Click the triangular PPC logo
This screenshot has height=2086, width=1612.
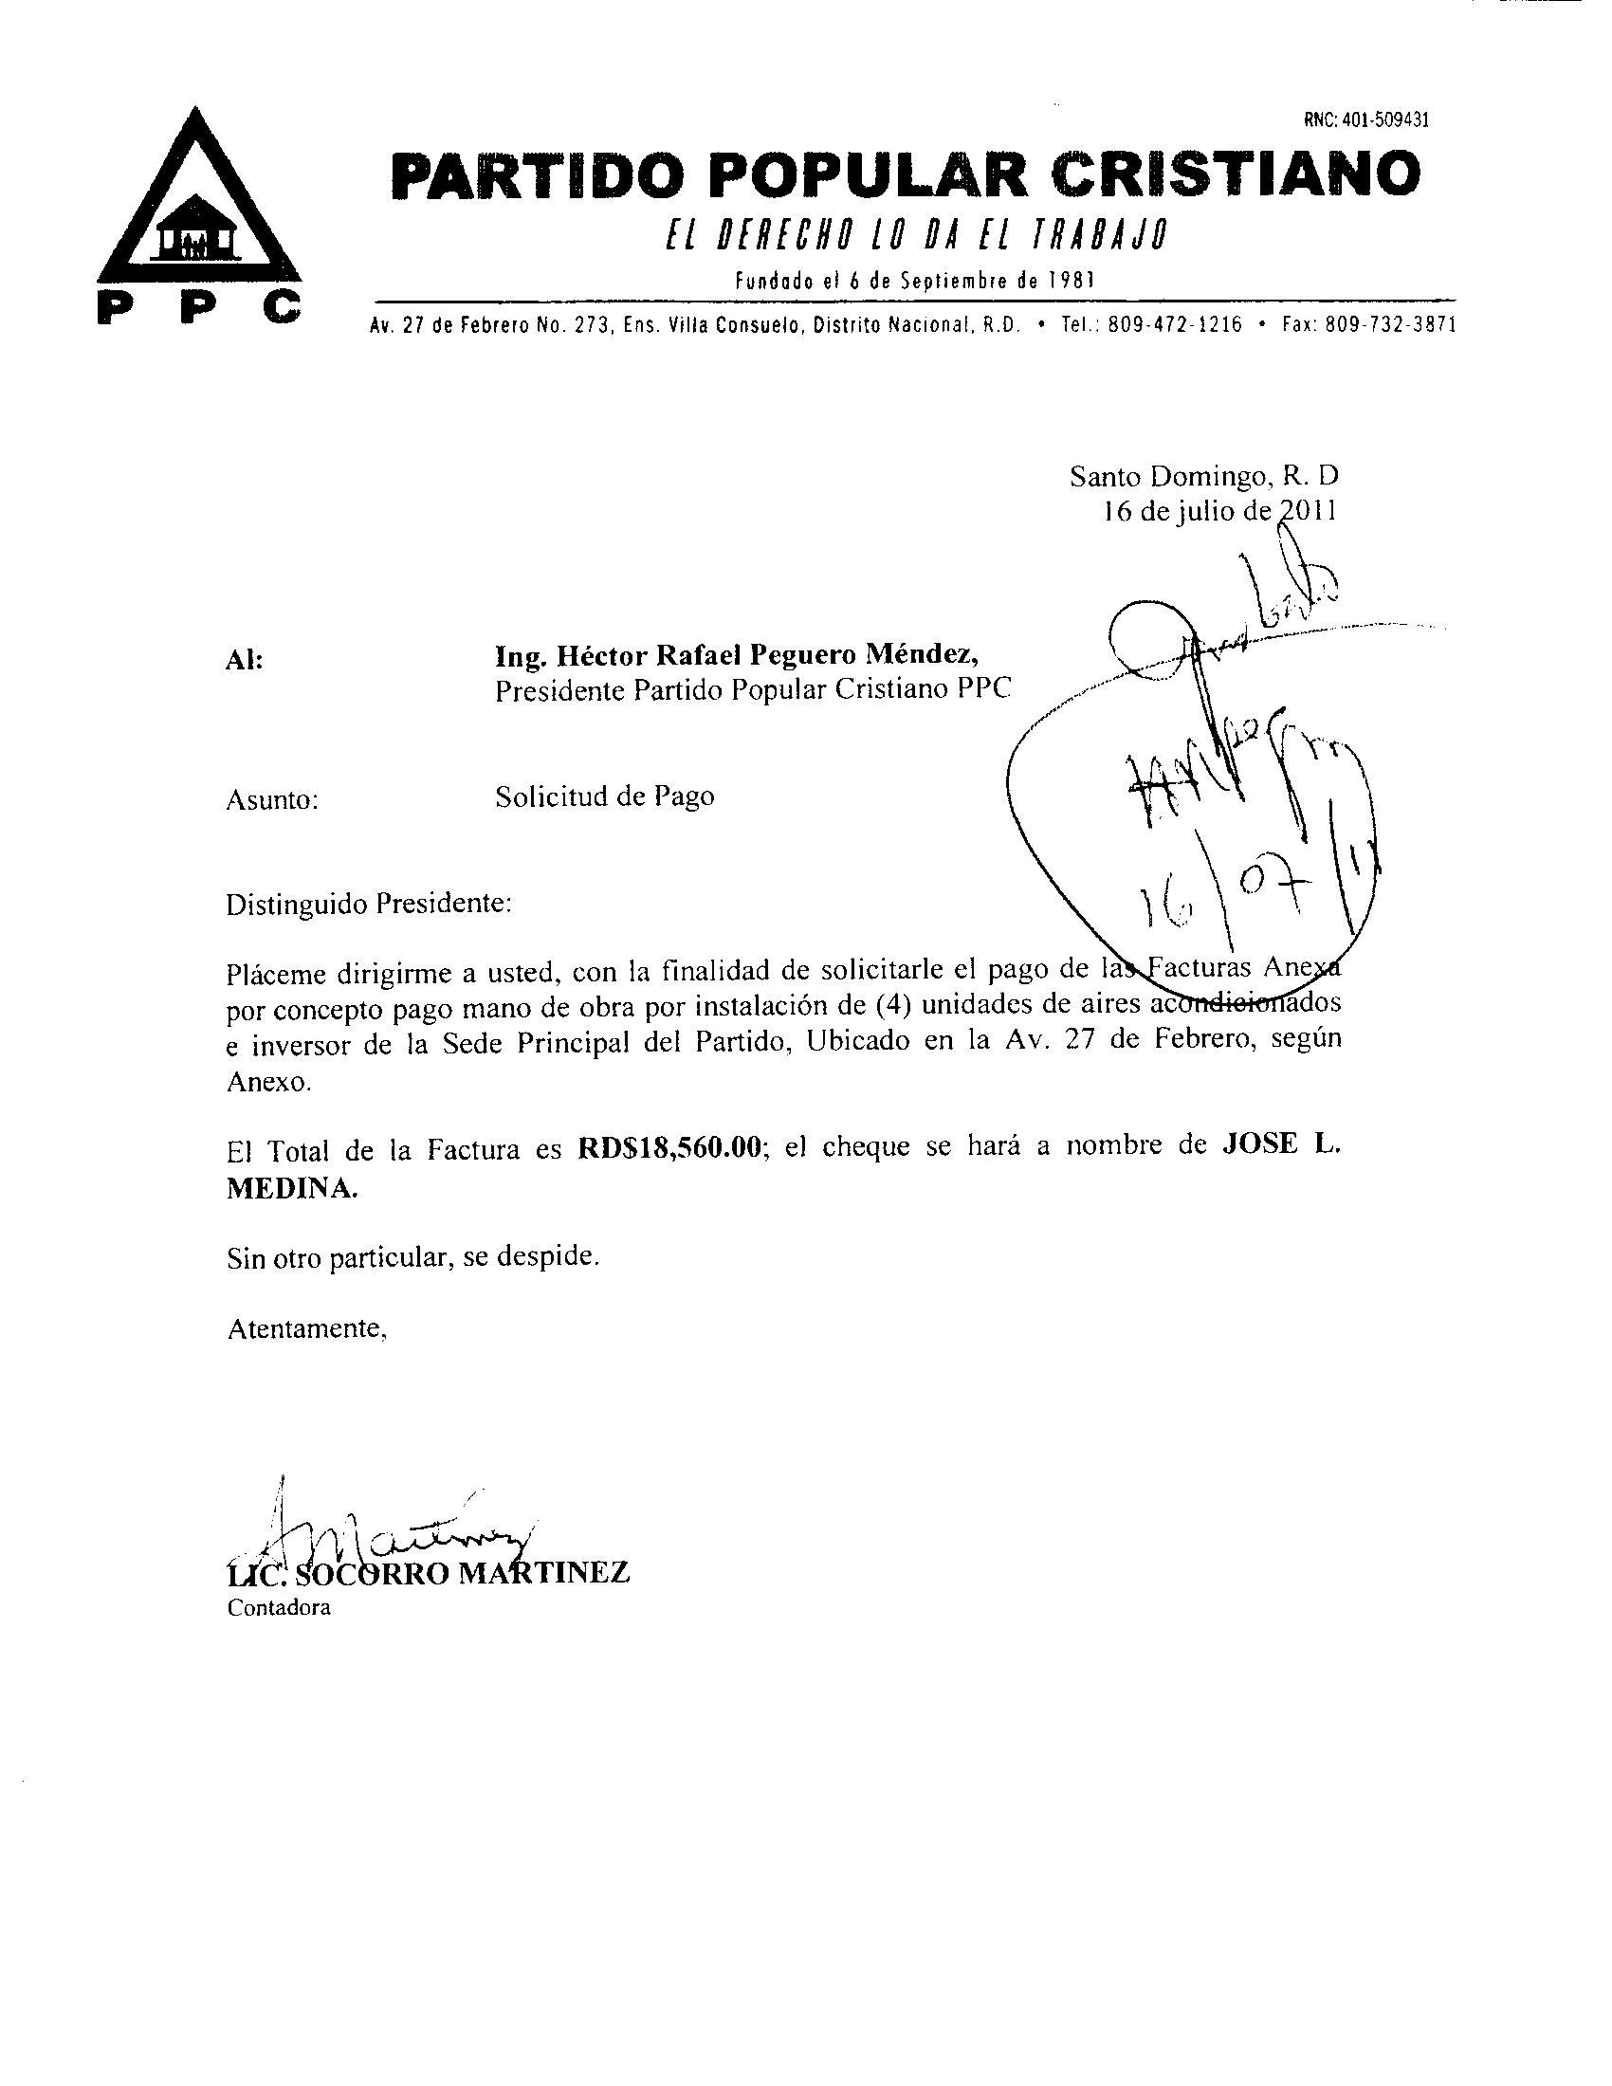(x=198, y=215)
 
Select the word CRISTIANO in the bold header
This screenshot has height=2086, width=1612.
(x=1234, y=174)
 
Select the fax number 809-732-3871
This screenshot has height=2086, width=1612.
(x=1390, y=324)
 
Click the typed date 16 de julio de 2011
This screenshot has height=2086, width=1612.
(x=1219, y=511)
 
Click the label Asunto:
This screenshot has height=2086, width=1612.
(x=271, y=800)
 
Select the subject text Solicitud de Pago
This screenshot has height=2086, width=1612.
(x=603, y=796)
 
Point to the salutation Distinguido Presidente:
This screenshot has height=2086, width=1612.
(x=369, y=903)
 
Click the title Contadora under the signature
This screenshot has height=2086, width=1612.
(x=278, y=1607)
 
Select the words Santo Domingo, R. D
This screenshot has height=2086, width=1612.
(x=1203, y=475)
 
